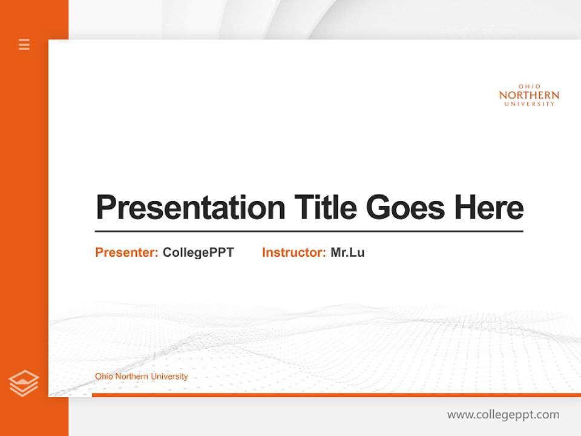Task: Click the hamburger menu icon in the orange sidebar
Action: tap(24, 44)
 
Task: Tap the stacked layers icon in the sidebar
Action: tap(24, 383)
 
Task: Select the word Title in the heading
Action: tap(325, 208)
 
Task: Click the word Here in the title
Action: tap(489, 208)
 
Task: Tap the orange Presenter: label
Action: tap(126, 253)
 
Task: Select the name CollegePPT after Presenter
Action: tap(198, 253)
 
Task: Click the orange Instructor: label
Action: tap(294, 253)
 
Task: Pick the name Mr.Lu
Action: tap(347, 253)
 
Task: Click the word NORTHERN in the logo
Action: tap(529, 95)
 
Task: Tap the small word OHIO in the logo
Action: tap(529, 87)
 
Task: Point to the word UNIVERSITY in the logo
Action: tap(529, 104)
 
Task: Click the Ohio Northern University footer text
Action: tap(141, 377)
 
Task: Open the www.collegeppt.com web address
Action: tap(503, 415)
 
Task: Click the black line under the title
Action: tap(309, 231)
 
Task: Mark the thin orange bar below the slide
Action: tap(336, 395)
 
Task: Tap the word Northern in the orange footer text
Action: tap(131, 377)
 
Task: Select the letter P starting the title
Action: tap(105, 208)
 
